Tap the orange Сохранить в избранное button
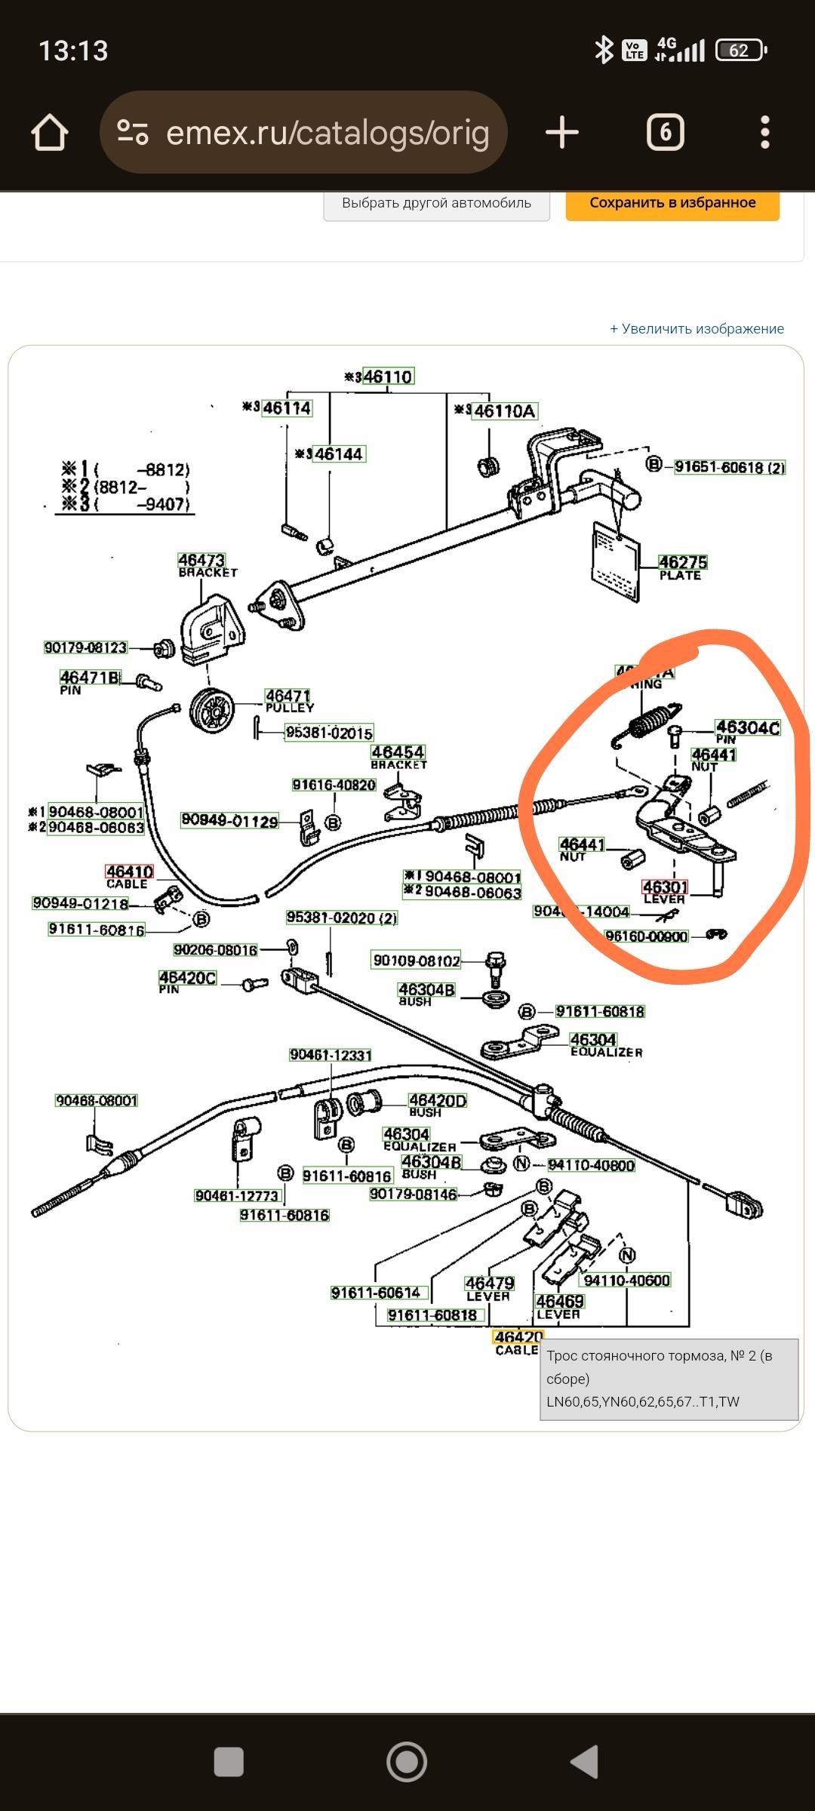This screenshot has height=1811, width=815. click(672, 203)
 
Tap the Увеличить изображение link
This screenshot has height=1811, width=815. click(697, 329)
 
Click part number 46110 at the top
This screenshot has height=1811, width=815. click(388, 377)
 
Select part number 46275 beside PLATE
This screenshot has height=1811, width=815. click(682, 562)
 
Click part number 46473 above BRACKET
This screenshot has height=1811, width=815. click(201, 560)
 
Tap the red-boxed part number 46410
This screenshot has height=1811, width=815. click(129, 872)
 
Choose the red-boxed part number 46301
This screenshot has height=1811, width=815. click(665, 887)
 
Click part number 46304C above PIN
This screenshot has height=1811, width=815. click(747, 727)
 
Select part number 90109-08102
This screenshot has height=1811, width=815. click(416, 961)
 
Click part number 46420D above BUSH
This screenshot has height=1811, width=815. click(438, 1101)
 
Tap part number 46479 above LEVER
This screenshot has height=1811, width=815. click(489, 1284)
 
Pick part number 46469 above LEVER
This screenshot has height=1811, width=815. click(559, 1302)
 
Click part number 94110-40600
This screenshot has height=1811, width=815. click(626, 1281)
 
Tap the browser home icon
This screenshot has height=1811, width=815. click(50, 133)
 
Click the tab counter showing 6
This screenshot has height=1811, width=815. click(665, 133)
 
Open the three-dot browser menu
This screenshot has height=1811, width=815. click(765, 133)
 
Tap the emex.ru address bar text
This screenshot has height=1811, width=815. click(327, 133)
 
